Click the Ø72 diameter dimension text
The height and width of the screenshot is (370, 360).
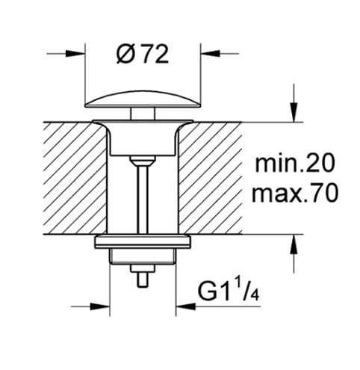[143, 55]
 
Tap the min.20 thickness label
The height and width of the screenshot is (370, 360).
[295, 164]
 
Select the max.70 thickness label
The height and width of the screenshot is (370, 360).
[295, 193]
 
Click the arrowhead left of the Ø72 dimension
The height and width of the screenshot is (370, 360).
[75, 53]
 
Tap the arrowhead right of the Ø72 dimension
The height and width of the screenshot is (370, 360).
[211, 53]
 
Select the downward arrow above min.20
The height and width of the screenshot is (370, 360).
[294, 112]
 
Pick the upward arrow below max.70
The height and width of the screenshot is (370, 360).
[294, 244]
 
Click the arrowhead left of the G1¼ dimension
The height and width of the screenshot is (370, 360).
[100, 306]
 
